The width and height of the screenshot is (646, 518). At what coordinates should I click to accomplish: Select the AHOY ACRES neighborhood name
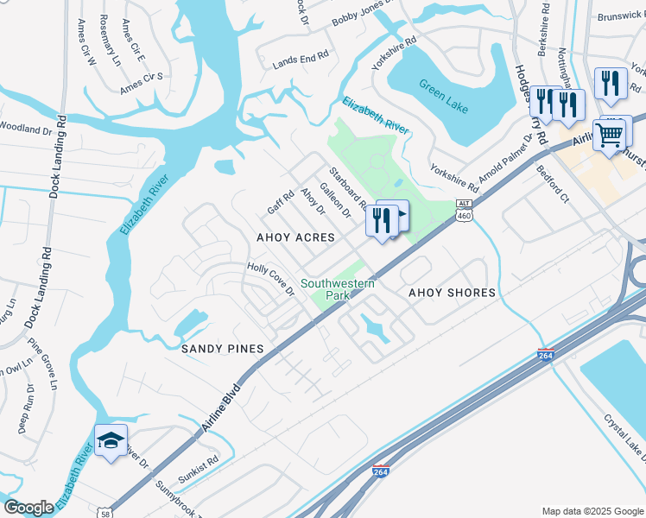tap(295, 237)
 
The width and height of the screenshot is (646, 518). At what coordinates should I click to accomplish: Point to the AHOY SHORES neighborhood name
tap(452, 293)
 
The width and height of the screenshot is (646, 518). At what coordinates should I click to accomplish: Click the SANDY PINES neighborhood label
tap(221, 348)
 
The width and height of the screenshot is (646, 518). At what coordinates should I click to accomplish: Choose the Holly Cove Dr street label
tap(271, 279)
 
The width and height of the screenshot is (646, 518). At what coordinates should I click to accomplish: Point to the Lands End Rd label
tap(301, 59)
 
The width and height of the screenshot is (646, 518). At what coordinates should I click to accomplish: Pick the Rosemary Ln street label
tap(110, 40)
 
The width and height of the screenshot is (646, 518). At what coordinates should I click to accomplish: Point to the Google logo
tap(29, 507)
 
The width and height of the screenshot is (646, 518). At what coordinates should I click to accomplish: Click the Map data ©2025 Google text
tap(592, 511)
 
